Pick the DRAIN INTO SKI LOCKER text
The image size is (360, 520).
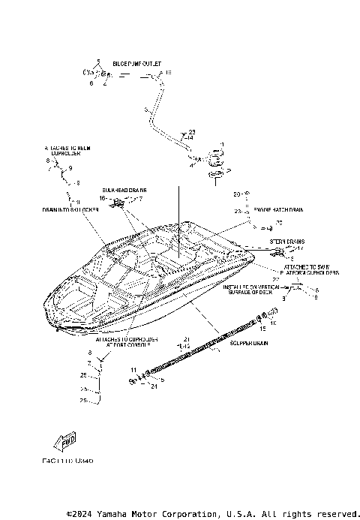click(x=70, y=210)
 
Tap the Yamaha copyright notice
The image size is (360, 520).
click(x=213, y=514)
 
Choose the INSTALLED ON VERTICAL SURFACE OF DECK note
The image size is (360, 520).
click(x=255, y=290)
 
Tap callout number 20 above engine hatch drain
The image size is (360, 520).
click(x=236, y=194)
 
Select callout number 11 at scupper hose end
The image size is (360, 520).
click(x=132, y=370)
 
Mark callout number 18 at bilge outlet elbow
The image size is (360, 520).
click(x=168, y=73)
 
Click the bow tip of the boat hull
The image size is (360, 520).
click(x=46, y=309)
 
